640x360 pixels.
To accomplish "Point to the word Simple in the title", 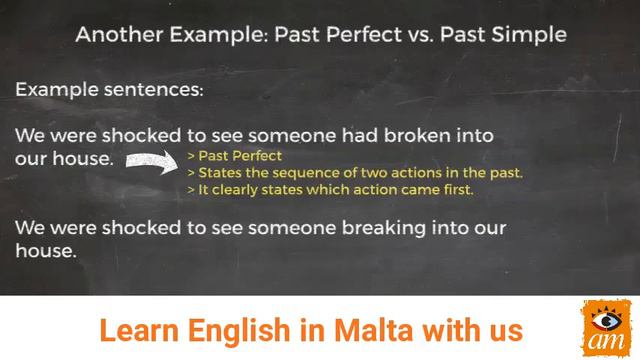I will [x=529, y=35].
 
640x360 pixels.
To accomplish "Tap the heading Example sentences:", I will [x=109, y=89].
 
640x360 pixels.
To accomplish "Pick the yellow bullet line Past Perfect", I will [x=235, y=156].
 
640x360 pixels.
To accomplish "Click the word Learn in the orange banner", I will [x=133, y=329].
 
